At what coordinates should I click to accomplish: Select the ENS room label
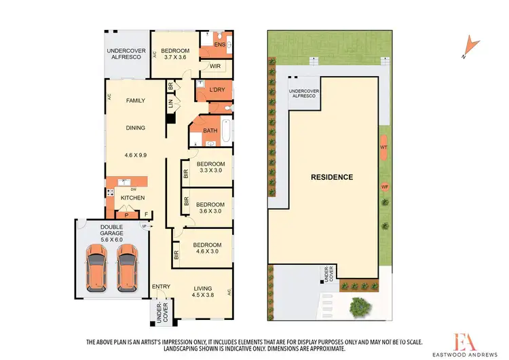[219, 45]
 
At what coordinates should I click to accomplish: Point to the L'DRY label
[216, 90]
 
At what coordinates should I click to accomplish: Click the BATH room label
[210, 131]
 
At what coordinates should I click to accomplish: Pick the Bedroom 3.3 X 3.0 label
[210, 167]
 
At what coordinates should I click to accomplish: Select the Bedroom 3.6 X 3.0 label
[210, 207]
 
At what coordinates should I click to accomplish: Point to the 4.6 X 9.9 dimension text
[136, 155]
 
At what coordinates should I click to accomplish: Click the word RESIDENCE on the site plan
[332, 177]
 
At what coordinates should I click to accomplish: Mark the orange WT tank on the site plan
[384, 147]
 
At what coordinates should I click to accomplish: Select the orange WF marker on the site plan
[384, 186]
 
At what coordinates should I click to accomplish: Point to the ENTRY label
[161, 287]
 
